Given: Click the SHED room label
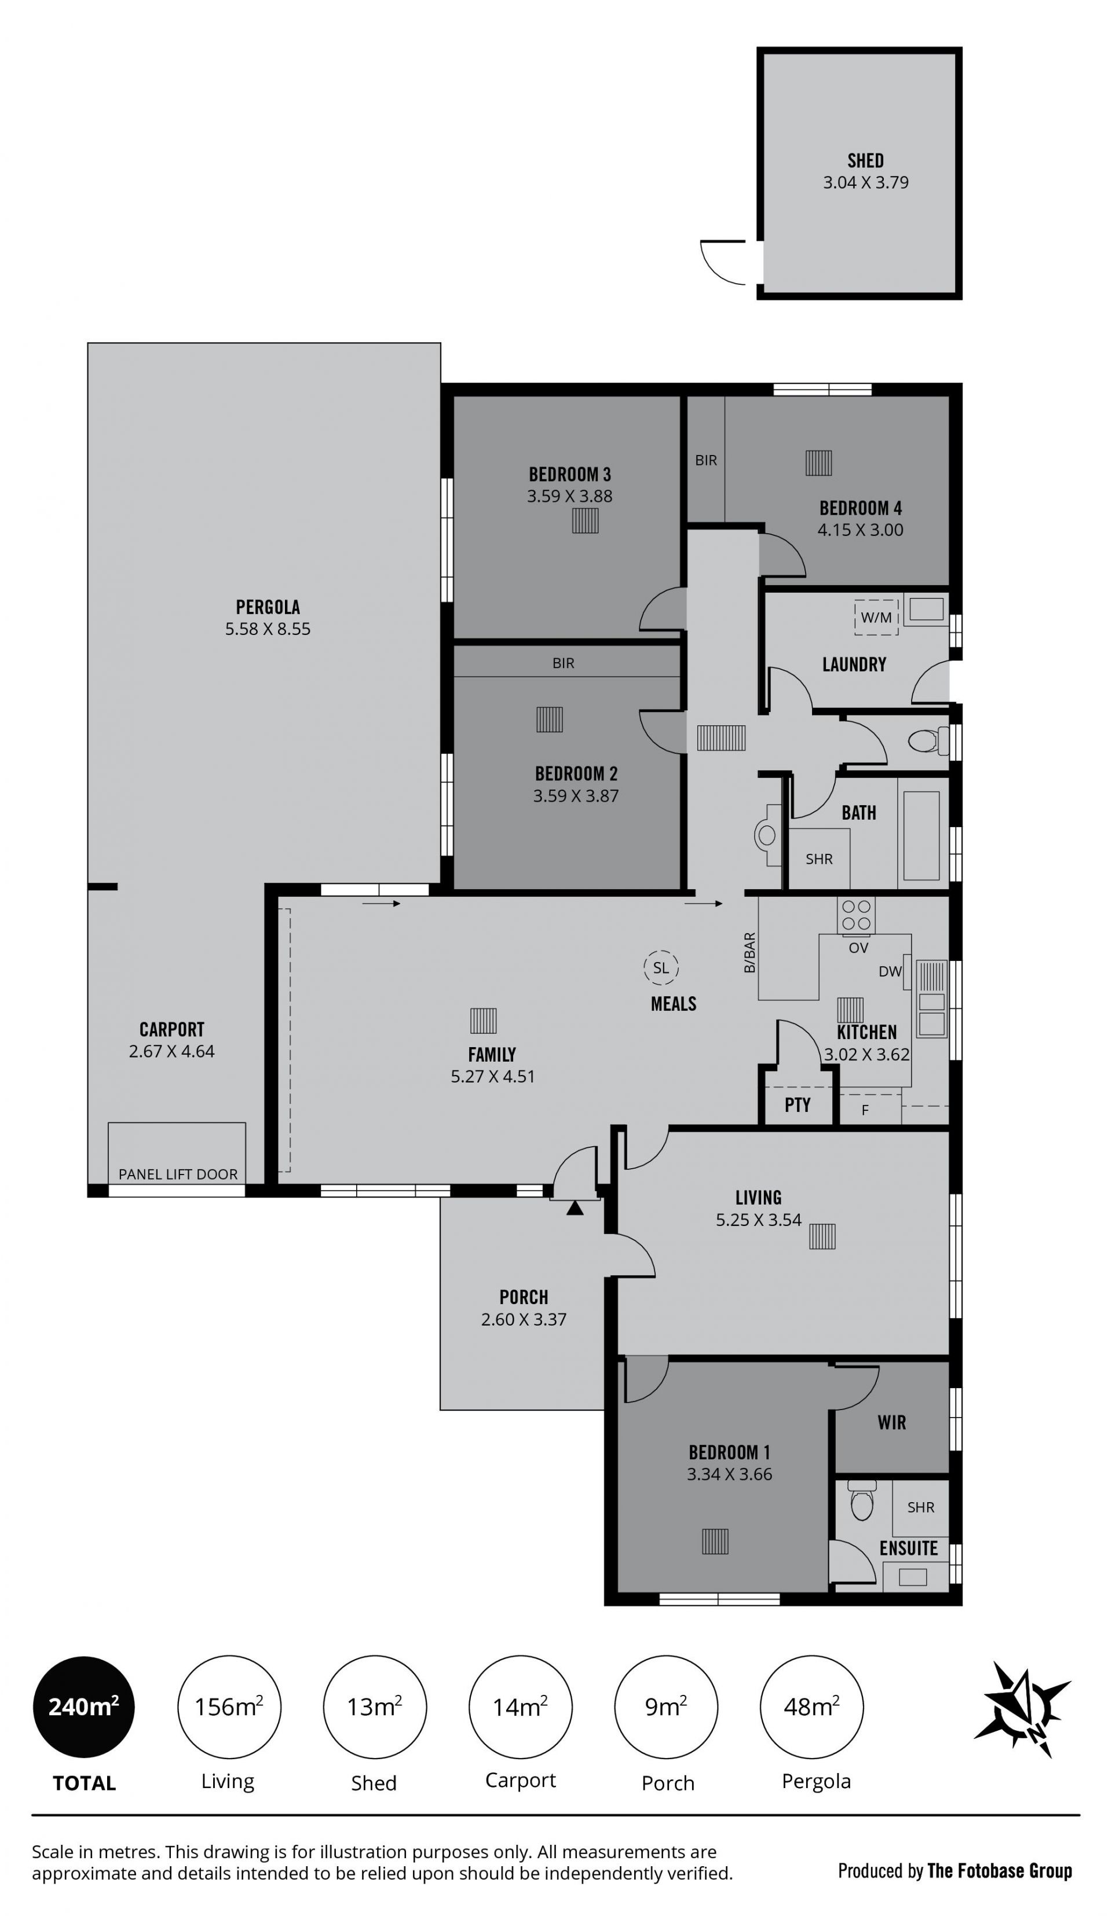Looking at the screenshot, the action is [x=865, y=160].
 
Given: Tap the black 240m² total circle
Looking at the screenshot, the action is [x=83, y=1707].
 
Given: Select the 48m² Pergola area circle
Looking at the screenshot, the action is [x=811, y=1707].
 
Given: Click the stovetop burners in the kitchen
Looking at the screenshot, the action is [x=855, y=915].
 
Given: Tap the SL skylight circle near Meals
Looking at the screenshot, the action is [x=661, y=968].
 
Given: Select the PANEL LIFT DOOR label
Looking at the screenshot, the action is [x=178, y=1174].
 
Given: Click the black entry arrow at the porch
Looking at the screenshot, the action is [x=575, y=1207].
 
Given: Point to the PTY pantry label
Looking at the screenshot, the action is [x=797, y=1105].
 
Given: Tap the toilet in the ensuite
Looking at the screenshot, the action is [x=862, y=1500].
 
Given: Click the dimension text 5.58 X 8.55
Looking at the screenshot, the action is [x=268, y=629].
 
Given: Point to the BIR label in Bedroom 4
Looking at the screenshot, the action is [x=706, y=460].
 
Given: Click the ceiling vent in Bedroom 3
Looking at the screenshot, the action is [x=585, y=521].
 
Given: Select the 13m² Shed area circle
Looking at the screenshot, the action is [x=374, y=1707].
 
